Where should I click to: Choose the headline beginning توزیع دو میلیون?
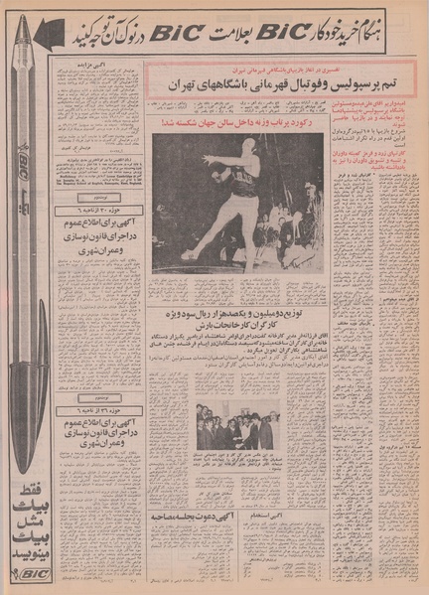pyautogui.click(x=239, y=316)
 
